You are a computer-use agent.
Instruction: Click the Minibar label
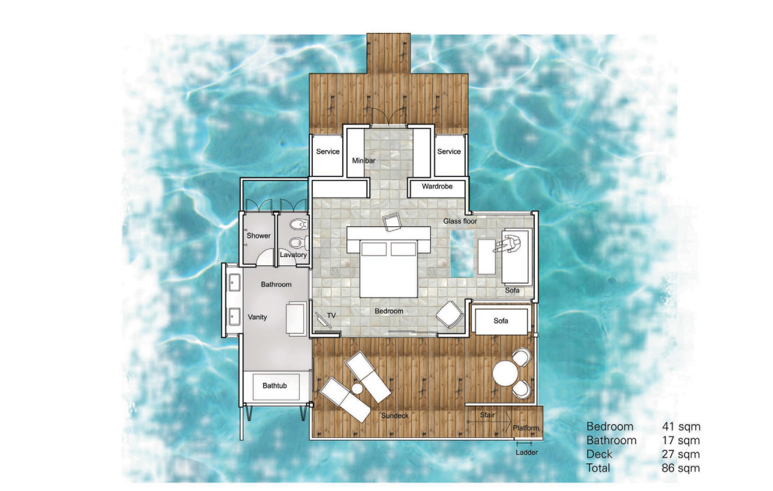coord(363,161)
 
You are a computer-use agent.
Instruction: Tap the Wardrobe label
coord(437,186)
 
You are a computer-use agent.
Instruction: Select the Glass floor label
coord(460,221)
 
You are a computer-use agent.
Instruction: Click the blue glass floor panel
coord(462,254)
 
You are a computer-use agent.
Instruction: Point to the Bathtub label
coord(274,386)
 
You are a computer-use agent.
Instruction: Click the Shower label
coord(258,235)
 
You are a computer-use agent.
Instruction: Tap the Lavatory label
coord(293,255)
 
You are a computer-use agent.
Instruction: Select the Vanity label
coord(258,317)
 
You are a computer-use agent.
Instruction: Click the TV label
coord(331,316)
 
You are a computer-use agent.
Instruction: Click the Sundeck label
coord(395,416)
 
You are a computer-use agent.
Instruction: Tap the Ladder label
coord(527,452)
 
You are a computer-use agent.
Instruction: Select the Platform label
coord(526,428)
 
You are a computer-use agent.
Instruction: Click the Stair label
coord(487,415)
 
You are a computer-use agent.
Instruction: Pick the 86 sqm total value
coord(681,468)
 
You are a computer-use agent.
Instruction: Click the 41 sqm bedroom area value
coord(681,427)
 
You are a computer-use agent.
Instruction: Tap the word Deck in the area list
coord(599,454)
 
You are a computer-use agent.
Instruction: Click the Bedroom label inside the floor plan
coord(389,311)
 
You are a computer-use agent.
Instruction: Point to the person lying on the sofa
coord(508,244)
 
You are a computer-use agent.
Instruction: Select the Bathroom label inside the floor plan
coord(276,284)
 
